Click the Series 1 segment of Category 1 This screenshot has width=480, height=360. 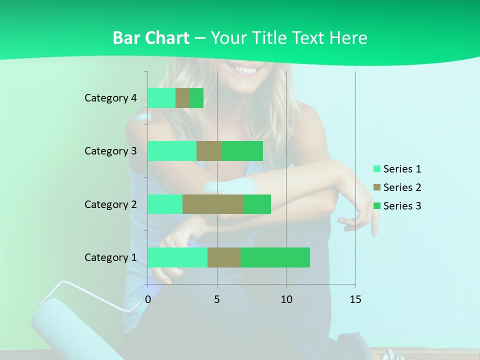pos(177,257)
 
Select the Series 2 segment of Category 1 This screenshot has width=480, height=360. pos(224,257)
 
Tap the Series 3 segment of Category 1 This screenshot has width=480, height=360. pos(275,257)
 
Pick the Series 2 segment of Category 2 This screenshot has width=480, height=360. pos(213,204)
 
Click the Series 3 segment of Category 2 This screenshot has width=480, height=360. pos(257,204)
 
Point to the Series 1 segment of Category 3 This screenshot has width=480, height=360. pos(172,151)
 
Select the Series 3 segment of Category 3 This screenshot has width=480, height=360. pos(242,151)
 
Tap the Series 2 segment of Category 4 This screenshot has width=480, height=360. pos(182,98)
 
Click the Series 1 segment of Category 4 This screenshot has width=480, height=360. pos(161,98)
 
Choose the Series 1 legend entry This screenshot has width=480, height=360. pos(397,169)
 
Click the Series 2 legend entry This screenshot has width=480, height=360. pos(397,187)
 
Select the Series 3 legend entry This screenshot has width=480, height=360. pos(397,206)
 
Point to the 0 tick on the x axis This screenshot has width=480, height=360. pos(148,299)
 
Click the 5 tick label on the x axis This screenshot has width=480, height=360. pos(217,299)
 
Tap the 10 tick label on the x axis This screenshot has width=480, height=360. pos(286,299)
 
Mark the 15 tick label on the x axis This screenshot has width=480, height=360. pos(355,299)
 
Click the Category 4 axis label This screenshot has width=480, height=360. pos(110,98)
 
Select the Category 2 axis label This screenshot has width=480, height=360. pos(110,204)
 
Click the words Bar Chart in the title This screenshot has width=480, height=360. pos(151,38)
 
